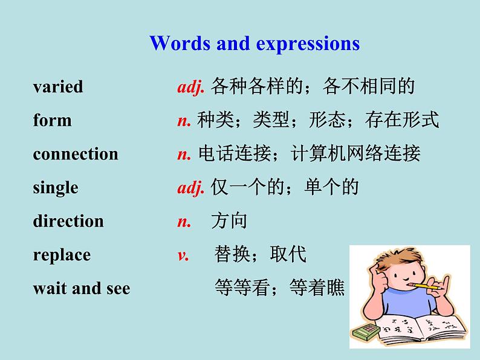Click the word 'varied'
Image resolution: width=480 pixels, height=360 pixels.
tap(58, 86)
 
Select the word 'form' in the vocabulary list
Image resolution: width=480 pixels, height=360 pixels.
tap(53, 120)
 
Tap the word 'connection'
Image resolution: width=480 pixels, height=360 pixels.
tap(76, 153)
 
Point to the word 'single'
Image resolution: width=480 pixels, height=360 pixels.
tap(56, 188)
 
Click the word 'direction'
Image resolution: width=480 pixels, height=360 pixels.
tap(68, 221)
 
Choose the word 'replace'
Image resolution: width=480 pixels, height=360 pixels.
tap(62, 255)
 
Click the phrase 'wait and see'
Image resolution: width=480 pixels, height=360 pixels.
tap(82, 288)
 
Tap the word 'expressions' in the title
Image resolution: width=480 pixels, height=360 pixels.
tap(308, 44)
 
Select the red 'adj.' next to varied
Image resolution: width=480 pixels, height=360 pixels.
tap(190, 87)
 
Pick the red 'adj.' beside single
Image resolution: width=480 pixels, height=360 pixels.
tap(190, 188)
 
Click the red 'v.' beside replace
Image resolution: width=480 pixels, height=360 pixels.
tap(183, 256)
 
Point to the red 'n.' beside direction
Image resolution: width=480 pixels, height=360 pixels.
tap(184, 222)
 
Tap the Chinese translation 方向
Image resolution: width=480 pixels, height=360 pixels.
tap(229, 221)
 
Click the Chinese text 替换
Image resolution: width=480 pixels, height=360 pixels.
tap(232, 254)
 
